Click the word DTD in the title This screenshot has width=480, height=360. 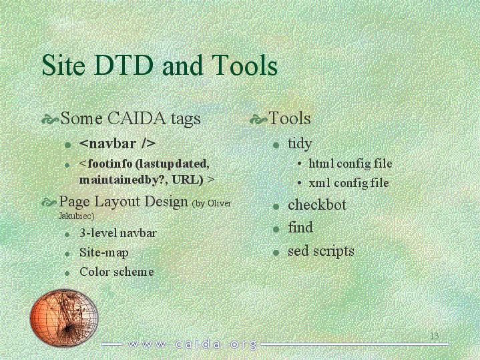pos(124,65)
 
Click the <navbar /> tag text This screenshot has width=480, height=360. pos(117,144)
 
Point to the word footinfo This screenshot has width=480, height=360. pos(110,164)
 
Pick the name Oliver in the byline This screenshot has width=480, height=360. pos(220,203)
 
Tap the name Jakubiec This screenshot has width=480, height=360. pos(76,216)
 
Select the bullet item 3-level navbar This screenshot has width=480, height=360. pos(118,233)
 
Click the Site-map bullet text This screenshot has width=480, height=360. pos(103,252)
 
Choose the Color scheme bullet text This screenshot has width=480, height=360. pos(117,272)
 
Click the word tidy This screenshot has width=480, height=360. pos(300,144)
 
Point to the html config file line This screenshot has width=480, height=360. pos(350,164)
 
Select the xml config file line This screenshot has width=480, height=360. pos(349,183)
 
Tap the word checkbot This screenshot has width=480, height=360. pos(317,204)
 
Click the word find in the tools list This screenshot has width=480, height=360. pos(300,227)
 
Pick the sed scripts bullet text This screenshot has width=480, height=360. pos(321,251)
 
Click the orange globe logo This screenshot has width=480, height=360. pos(64,317)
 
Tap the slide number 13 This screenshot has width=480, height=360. pos(435,336)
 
